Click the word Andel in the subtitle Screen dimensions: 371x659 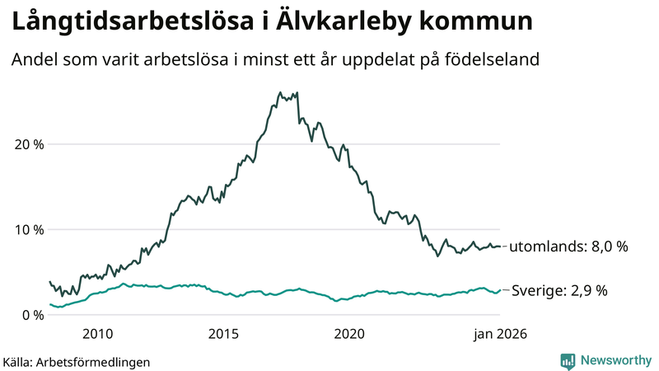coord(33,61)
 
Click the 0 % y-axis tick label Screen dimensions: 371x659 coord(33,315)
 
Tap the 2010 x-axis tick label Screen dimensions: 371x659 coord(97,334)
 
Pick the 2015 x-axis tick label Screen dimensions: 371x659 coord(223,334)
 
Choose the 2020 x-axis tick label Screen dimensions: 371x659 coord(349,334)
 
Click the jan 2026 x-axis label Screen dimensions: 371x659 coord(498,334)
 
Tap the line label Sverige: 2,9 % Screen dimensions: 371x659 coord(560,291)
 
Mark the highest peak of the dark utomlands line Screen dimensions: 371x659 coord(280,92)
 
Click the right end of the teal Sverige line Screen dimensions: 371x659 coord(500,290)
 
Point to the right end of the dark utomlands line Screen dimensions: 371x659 coord(500,247)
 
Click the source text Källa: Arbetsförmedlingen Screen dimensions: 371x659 coord(77,361)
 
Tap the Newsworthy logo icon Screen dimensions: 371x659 coord(568,360)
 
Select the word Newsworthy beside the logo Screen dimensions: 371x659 coord(615,360)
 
